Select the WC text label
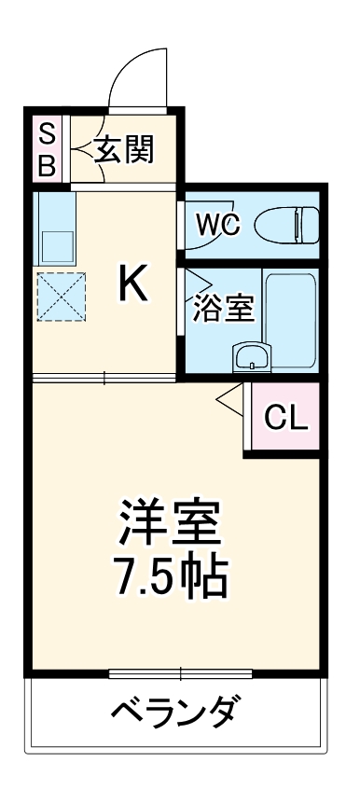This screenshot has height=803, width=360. tap(219, 224)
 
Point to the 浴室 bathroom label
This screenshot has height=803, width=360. tap(224, 308)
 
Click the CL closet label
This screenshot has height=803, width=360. tap(285, 419)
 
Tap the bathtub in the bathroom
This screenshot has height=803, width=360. tap(292, 322)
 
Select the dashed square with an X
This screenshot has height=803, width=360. tap(60, 298)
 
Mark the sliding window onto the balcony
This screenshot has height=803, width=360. tap(180, 672)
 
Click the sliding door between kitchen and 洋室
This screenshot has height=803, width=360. tap(104, 378)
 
